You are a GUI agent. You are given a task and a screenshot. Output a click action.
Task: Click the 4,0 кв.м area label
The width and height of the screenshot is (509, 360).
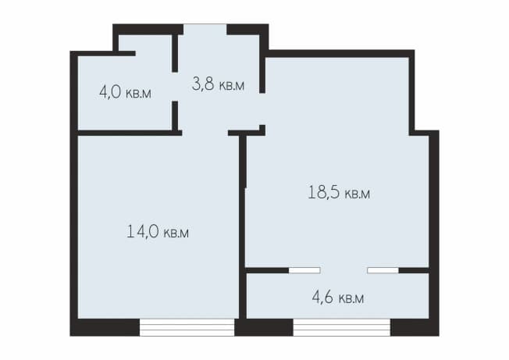pyautogui.click(x=125, y=92)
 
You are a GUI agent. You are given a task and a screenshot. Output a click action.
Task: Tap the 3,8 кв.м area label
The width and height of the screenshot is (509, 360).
pyautogui.click(x=218, y=84)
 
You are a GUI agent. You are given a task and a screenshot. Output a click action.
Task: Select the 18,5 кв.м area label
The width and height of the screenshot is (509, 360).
pyautogui.click(x=339, y=192)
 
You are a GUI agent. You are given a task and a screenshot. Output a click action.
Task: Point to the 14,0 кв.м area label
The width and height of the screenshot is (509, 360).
pyautogui.click(x=158, y=231)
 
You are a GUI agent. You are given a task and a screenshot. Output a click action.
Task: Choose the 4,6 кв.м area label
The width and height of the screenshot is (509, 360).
pyautogui.click(x=338, y=297)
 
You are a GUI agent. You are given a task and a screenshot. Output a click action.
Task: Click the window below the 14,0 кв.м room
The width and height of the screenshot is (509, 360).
pyautogui.click(x=187, y=327)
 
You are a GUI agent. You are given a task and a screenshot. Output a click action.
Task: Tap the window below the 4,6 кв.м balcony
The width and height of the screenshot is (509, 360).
pyautogui.click(x=342, y=327)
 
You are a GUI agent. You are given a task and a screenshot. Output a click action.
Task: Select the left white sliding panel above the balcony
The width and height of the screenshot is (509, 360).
pyautogui.click(x=304, y=270)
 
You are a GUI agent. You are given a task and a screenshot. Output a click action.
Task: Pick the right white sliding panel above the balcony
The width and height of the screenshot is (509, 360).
pyautogui.click(x=383, y=270)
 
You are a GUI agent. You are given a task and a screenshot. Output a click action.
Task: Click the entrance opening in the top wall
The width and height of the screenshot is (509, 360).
pyautogui.click(x=205, y=29)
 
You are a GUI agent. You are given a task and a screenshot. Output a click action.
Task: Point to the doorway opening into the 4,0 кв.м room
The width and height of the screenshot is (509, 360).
pyautogui.click(x=175, y=87)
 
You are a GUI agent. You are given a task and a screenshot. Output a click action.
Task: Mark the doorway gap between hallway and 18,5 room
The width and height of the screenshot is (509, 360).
pyautogui.click(x=262, y=109)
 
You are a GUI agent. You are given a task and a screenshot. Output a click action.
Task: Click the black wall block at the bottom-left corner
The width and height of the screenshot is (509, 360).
pyautogui.click(x=105, y=327)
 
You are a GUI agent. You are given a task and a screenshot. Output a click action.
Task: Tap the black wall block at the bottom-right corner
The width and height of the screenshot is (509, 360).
pyautogui.click(x=415, y=327)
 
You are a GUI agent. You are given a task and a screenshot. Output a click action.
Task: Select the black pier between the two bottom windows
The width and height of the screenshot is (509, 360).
pyautogui.click(x=264, y=327)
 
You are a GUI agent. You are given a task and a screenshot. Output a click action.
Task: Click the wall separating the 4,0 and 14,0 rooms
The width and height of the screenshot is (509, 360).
pyautogui.click(x=129, y=133)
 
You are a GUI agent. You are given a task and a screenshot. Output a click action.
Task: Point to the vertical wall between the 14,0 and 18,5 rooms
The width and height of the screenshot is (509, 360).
pyautogui.click(x=243, y=226)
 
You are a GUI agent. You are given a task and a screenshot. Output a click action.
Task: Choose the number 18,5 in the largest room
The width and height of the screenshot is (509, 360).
pyautogui.click(x=324, y=192)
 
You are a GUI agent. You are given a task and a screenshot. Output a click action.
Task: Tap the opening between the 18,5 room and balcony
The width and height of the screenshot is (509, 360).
pyautogui.click(x=343, y=270)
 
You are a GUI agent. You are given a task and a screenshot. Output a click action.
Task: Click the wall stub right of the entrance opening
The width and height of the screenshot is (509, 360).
pyautogui.click(x=247, y=30)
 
